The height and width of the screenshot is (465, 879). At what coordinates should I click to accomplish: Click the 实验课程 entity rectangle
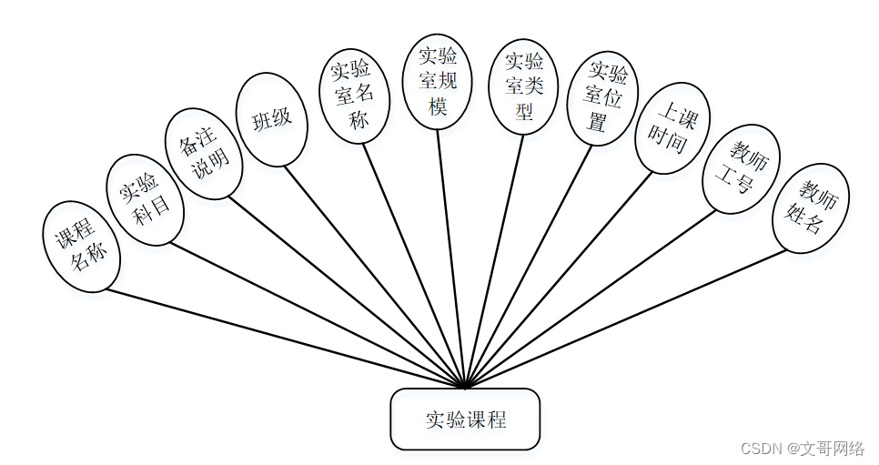465,420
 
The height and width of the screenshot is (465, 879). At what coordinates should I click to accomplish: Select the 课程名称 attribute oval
82,247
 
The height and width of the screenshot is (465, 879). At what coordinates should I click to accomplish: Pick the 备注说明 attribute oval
204,154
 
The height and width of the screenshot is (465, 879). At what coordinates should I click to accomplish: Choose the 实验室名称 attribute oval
355,95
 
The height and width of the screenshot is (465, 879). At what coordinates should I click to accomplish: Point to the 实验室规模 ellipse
437,81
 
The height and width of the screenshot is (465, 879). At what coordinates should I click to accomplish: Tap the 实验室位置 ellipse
602,98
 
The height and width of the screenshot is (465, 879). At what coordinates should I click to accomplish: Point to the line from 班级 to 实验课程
373,274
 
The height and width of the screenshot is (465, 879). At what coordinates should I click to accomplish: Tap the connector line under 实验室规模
450,255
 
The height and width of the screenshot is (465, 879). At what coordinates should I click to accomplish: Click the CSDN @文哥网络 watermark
802,448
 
